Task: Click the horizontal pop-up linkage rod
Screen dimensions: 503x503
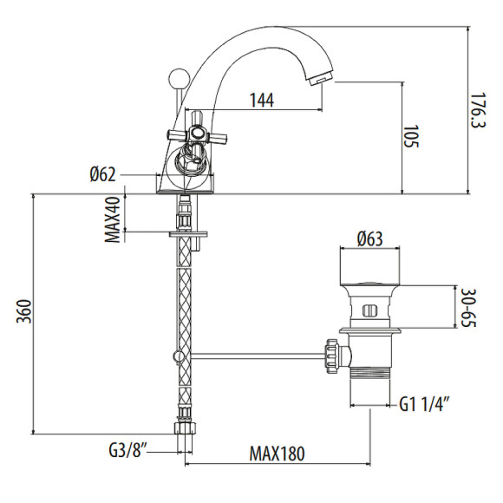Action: click(251, 354)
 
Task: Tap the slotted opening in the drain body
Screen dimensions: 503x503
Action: click(369, 310)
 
